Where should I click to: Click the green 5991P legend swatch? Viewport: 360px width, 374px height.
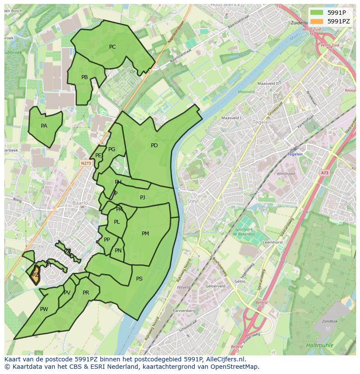tap(317, 13)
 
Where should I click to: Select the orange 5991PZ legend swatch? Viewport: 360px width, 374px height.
tap(317, 21)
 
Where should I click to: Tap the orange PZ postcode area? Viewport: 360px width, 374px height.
tap(35, 275)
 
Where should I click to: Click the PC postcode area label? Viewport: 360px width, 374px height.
tap(112, 47)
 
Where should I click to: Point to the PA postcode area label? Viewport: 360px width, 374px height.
tap(44, 126)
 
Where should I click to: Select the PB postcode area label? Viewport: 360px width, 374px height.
tap(84, 77)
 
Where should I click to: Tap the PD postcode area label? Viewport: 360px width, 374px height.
tap(154, 146)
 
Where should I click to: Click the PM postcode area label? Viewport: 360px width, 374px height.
tap(145, 234)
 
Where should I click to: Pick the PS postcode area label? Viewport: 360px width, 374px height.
tap(139, 279)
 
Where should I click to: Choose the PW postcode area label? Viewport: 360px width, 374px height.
tap(44, 309)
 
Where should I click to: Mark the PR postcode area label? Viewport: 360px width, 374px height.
tap(86, 293)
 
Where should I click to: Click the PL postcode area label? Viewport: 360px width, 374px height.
tap(117, 222)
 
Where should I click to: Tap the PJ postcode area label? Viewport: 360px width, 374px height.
tap(143, 198)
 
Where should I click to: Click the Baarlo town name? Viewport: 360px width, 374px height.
tap(80, 203)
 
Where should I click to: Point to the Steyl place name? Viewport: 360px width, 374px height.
tap(193, 201)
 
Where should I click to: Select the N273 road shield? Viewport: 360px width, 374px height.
tap(86, 163)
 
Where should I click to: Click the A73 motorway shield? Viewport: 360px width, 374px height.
tap(325, 173)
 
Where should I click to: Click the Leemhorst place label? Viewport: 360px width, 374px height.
tap(273, 242)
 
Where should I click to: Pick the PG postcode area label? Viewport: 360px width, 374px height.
tap(112, 149)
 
